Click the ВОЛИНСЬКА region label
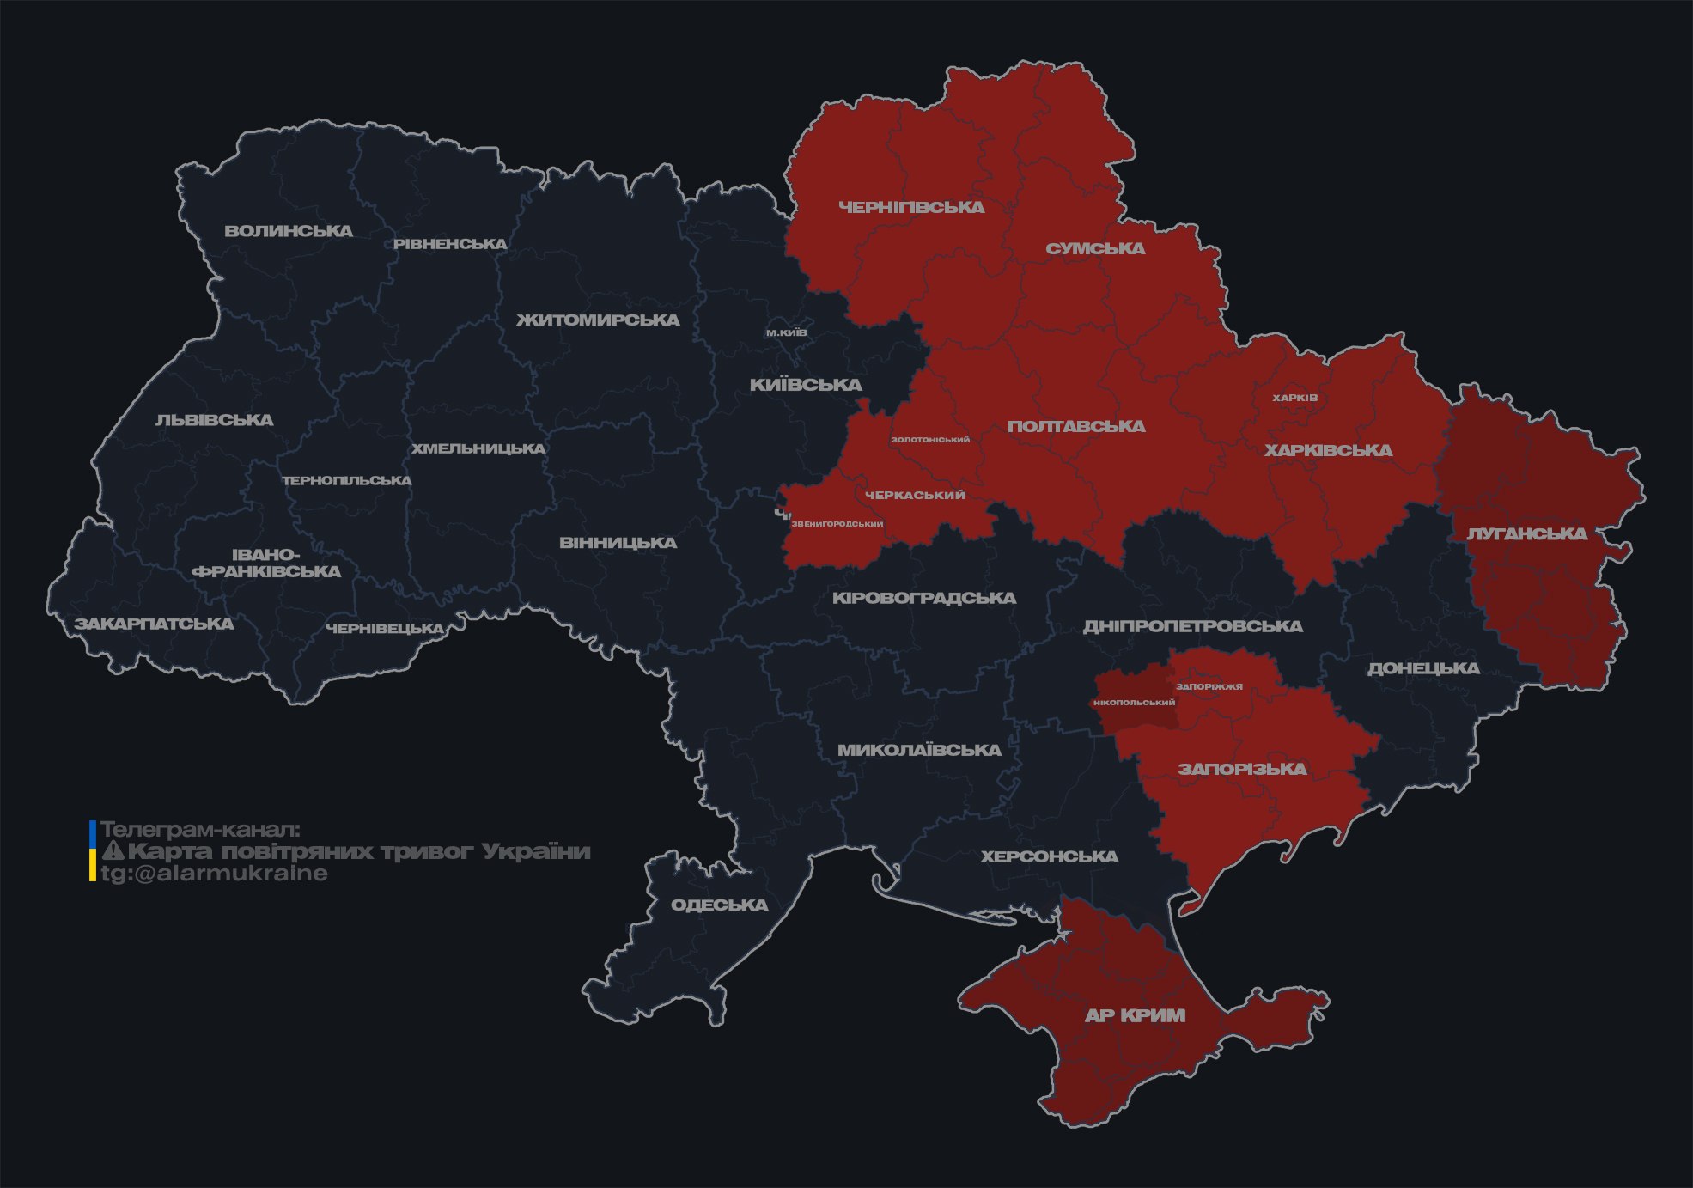coord(289,231)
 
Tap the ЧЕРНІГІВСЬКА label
coord(911,207)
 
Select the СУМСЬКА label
coord(1095,248)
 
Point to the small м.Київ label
coord(787,332)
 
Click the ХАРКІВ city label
coord(1294,398)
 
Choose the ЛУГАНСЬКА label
coord(1526,533)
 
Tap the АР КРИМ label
coord(1135,1015)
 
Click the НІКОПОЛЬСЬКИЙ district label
coord(1134,703)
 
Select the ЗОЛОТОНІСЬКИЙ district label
coord(930,440)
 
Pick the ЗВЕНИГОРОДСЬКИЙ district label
coord(837,524)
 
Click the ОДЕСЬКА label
coord(719,905)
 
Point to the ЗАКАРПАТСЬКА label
coord(154,624)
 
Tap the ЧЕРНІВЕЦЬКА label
coord(385,629)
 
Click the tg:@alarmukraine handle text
coord(214,874)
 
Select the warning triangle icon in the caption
coord(113,851)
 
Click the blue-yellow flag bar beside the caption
coord(93,851)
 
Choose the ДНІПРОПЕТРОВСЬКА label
coord(1192,626)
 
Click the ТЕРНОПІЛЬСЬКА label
coord(347,481)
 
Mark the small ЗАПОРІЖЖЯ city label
coord(1209,686)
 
